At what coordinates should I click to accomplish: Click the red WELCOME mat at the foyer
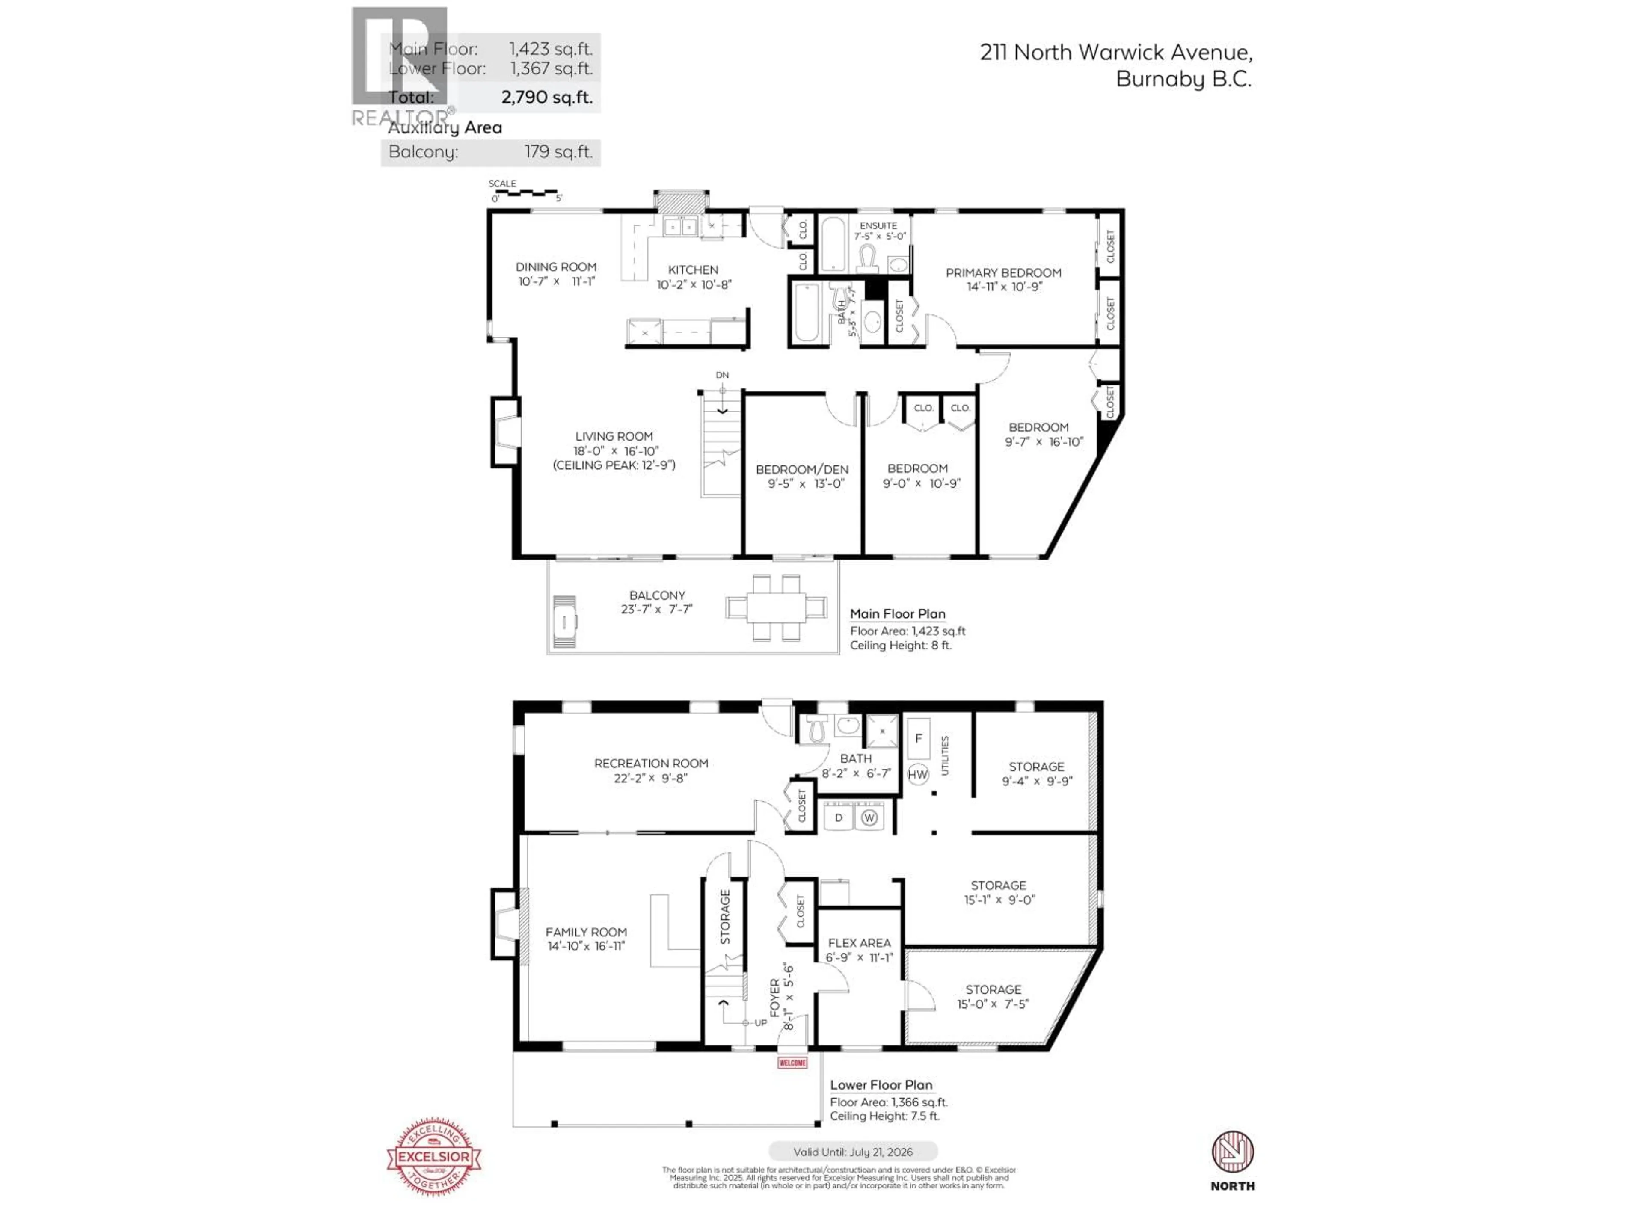coord(792,1063)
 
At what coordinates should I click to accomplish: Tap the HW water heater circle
coord(918,775)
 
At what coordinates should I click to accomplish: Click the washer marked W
coord(869,817)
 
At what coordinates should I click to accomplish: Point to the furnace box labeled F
coord(919,738)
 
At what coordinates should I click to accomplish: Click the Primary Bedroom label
coord(1003,272)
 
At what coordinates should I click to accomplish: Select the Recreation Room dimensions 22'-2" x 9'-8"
coord(651,778)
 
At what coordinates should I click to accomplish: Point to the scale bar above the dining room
coord(525,193)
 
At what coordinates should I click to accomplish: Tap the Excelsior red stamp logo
coord(434,1156)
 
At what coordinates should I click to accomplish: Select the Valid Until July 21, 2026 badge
coord(853,1152)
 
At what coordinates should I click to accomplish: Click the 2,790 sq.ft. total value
coord(547,97)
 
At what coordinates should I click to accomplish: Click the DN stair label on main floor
coord(722,375)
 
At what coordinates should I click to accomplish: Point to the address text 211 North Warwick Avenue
coord(1115,52)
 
